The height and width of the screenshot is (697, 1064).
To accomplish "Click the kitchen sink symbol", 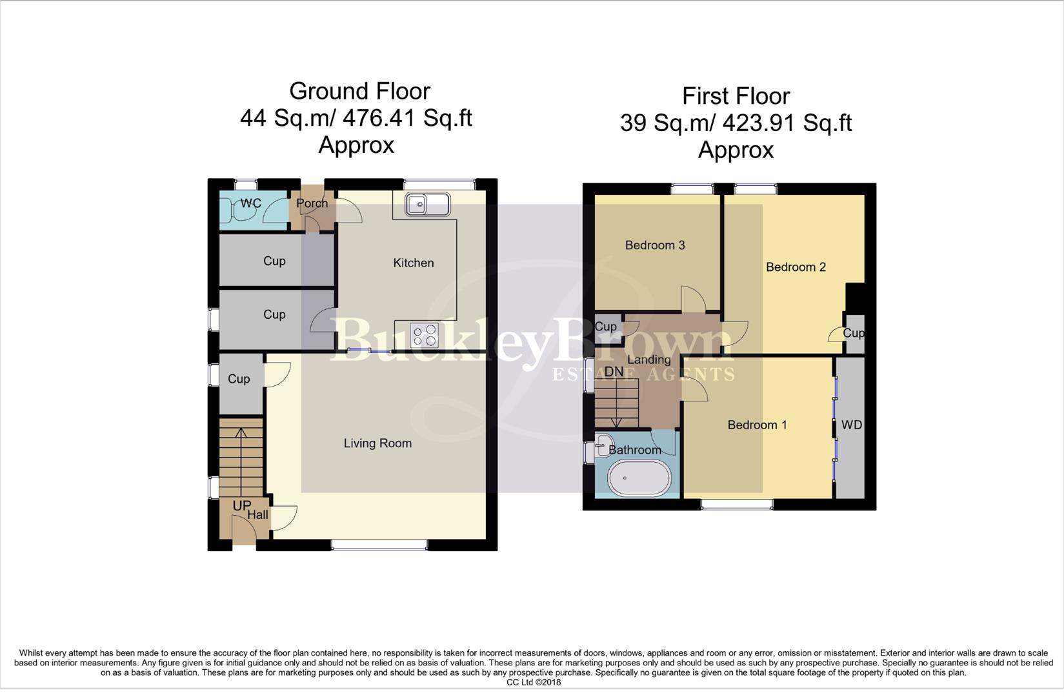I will [427, 205].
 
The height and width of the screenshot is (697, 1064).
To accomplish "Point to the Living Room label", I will [377, 443].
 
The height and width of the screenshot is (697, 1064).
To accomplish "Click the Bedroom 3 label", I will [655, 245].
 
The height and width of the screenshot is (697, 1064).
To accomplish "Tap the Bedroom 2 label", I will [796, 267].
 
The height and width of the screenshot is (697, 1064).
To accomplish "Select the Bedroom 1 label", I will [757, 425].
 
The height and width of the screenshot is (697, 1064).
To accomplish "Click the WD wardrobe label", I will [852, 425].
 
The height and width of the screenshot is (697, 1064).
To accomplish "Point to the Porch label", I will [312, 203].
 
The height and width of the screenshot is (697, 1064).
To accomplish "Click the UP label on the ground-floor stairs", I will [241, 506].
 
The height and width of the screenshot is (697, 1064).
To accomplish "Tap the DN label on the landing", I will [614, 372].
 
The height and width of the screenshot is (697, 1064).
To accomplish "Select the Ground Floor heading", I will [359, 91].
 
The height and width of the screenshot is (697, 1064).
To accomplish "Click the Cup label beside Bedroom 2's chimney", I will [854, 333].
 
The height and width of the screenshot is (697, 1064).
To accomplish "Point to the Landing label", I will [649, 359].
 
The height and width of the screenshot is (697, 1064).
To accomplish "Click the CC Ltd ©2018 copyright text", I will [533, 682].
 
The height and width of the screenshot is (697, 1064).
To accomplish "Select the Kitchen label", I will [414, 263].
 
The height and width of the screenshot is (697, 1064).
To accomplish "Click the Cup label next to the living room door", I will [239, 379].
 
